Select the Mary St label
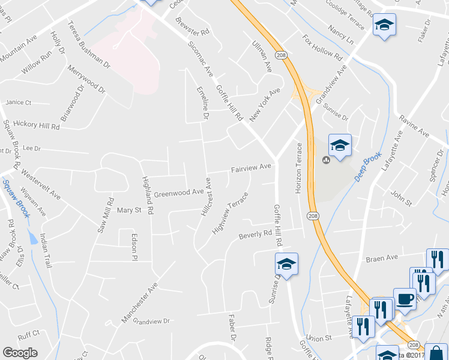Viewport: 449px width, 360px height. (x=128, y=210)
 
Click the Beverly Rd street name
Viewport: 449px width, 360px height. (x=255, y=235)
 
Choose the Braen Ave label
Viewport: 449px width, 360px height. (x=382, y=258)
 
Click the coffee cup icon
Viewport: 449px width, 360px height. (x=405, y=298)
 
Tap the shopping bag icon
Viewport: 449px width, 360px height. (x=435, y=353)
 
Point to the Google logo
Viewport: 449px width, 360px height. (x=20, y=353)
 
